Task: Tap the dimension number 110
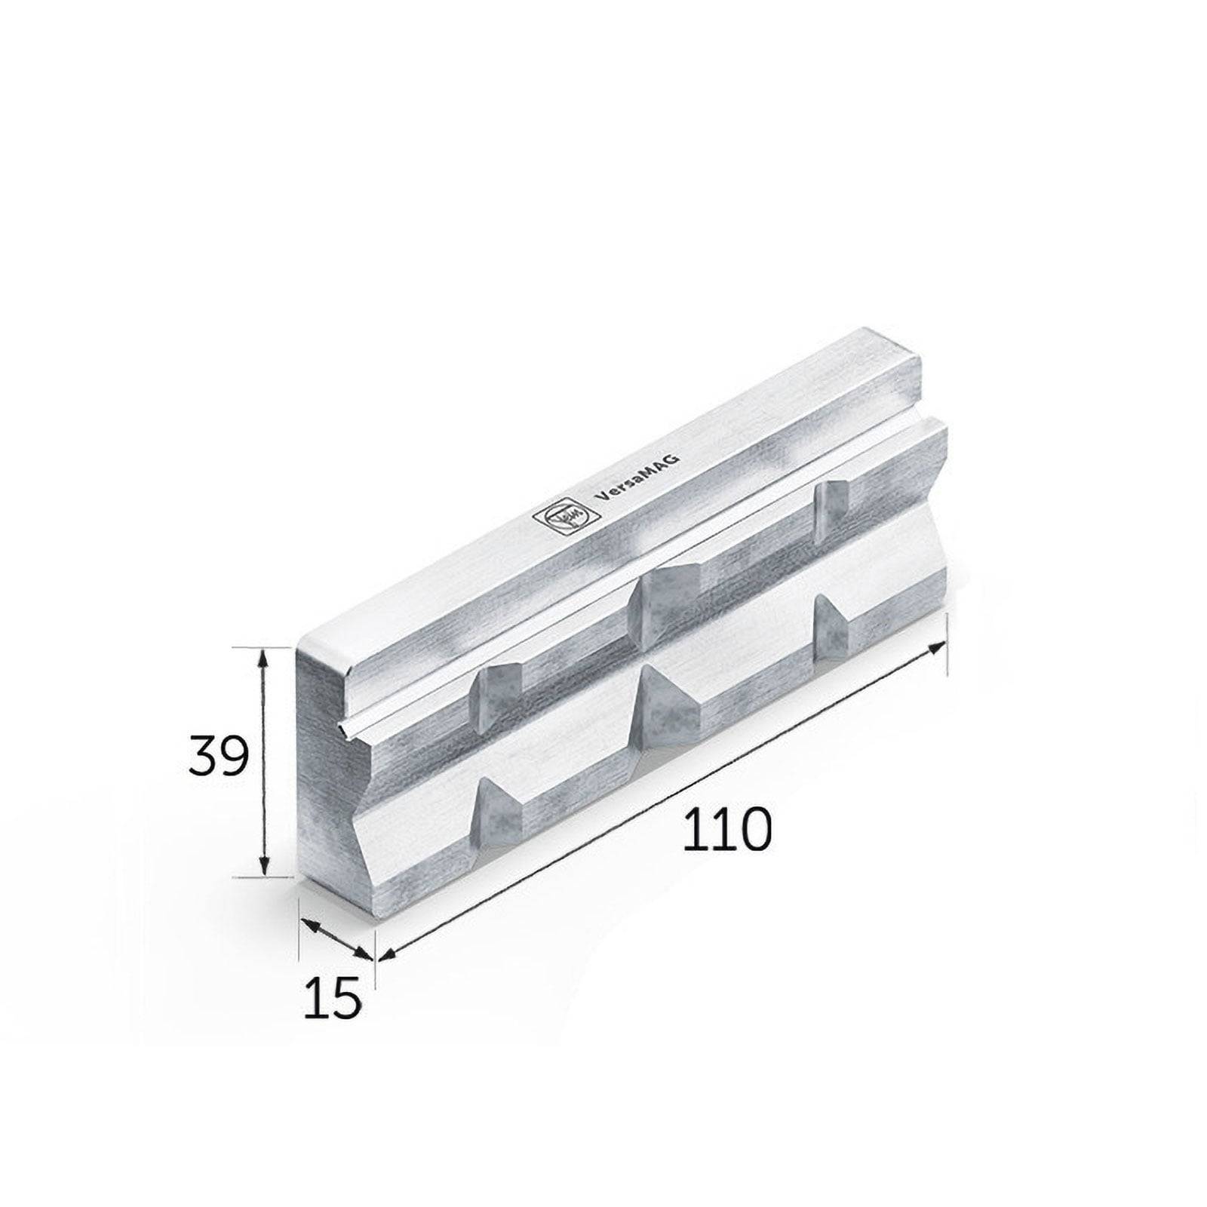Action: pyautogui.click(x=727, y=829)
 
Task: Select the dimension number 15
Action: pyautogui.click(x=333, y=1000)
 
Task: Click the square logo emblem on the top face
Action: pyautogui.click(x=561, y=518)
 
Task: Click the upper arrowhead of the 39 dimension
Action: pyautogui.click(x=263, y=658)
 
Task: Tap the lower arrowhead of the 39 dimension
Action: pyautogui.click(x=263, y=868)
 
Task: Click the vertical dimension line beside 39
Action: pyautogui.click(x=263, y=762)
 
